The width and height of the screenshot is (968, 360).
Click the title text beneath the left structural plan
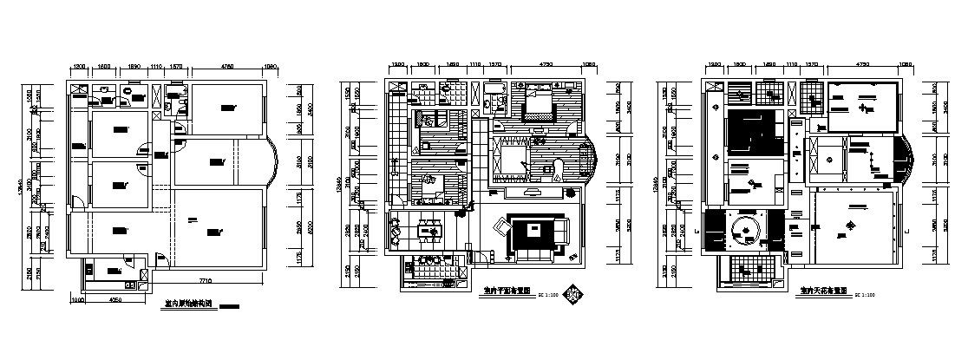pos(188,304)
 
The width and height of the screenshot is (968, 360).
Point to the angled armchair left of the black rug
pos(500,228)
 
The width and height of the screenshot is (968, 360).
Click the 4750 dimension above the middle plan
pos(547,65)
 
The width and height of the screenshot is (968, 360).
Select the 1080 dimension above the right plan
pos(906,65)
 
